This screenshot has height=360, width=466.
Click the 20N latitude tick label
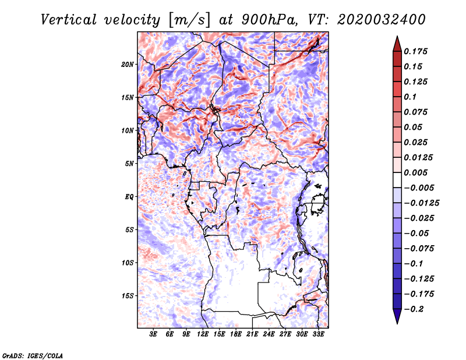pyautogui.click(x=128, y=65)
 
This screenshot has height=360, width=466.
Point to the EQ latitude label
pyautogui.click(x=129, y=197)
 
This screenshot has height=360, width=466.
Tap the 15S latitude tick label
pyautogui.click(x=128, y=296)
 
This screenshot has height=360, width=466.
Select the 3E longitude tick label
pyautogui.click(x=153, y=334)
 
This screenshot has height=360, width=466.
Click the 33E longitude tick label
pyautogui.click(x=318, y=334)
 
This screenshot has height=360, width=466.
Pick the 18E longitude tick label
pyautogui.click(x=236, y=334)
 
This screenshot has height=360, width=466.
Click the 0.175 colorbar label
pyautogui.click(x=415, y=51)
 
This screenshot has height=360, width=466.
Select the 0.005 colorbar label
pyautogui.click(x=415, y=172)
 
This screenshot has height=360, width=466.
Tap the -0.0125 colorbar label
pyautogui.click(x=421, y=203)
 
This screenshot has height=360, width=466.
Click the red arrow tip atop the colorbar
pyautogui.click(x=397, y=36)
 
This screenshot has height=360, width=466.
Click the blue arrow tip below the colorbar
pyautogui.click(x=397, y=323)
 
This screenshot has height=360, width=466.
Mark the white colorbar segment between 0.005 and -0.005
pyautogui.click(x=397, y=180)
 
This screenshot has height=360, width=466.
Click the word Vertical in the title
pyautogui.click(x=69, y=20)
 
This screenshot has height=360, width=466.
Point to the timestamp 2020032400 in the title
pyautogui.click(x=382, y=20)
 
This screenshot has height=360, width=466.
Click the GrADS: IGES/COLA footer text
pyautogui.click(x=33, y=355)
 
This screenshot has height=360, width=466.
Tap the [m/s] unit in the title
pyautogui.click(x=189, y=20)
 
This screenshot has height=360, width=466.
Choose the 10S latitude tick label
pyautogui.click(x=128, y=263)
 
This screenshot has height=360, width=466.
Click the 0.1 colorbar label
pyautogui.click(x=410, y=97)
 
